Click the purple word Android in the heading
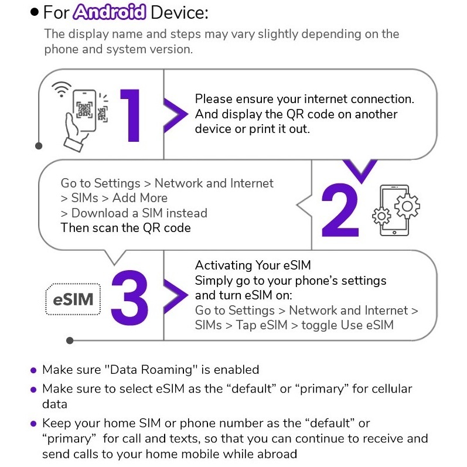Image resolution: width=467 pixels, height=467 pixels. tap(110, 12)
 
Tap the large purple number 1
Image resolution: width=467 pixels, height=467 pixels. tap(131, 115)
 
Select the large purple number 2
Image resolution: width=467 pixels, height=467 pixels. tap(340, 210)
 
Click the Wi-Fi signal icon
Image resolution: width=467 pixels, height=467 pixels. tap(62, 89)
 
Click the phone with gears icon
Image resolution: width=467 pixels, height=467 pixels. tap(396, 210)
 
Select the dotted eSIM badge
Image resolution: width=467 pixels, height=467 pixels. tap(73, 299)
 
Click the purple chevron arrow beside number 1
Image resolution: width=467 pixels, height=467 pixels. tap(175, 115)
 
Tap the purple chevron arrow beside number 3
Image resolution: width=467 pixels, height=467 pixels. tap(175, 295)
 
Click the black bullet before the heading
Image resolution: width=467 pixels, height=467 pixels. tap(35, 12)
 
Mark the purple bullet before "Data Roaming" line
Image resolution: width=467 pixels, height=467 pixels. tap(33, 370)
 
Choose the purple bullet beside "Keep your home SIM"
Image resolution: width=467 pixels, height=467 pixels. tap(33, 424)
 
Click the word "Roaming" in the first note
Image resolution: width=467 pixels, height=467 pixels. tap(166, 370)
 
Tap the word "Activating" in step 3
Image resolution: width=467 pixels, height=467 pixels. tap(223, 265)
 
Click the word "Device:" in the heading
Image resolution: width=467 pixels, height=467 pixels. tap(179, 12)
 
